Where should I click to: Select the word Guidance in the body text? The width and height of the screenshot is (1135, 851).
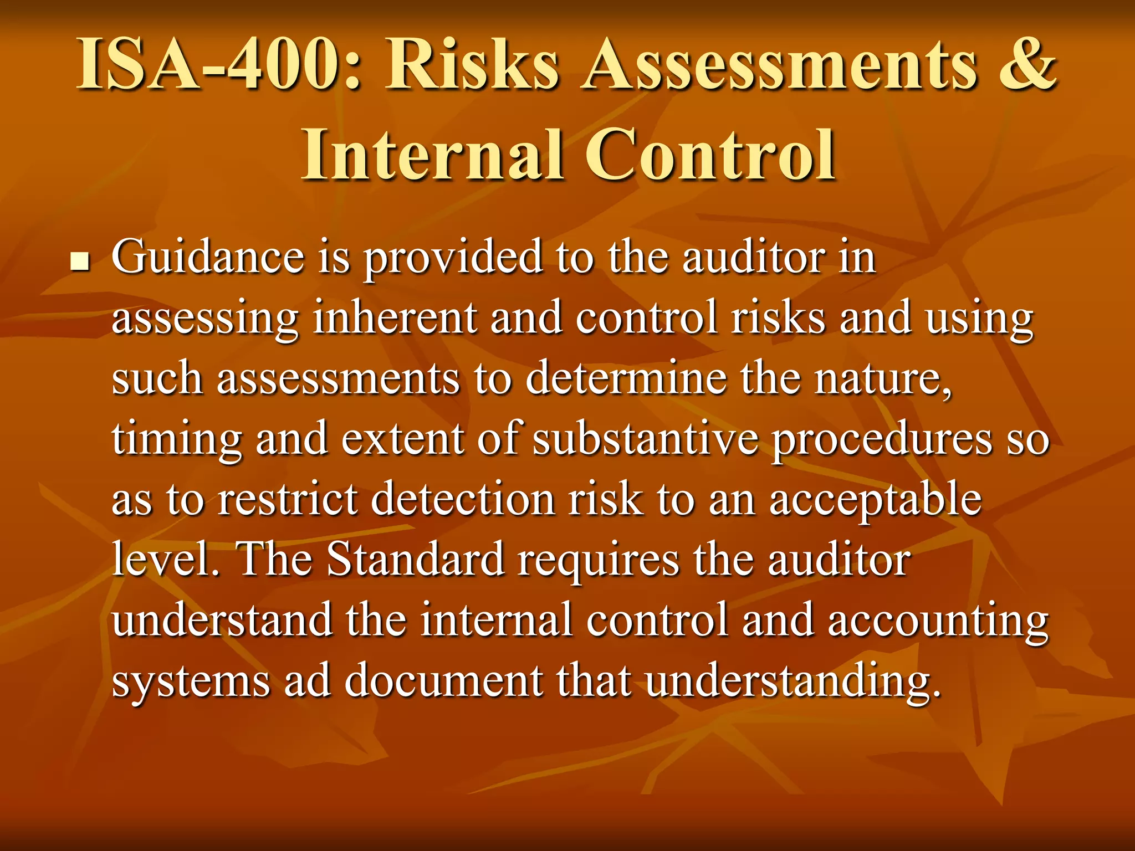[208, 257]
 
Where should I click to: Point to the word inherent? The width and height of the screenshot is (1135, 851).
[395, 318]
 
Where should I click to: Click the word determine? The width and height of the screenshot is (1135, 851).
[626, 378]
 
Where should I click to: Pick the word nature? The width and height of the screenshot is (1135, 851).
[883, 378]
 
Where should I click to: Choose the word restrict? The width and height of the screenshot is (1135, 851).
[287, 499]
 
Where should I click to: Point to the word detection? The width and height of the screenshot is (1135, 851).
[463, 499]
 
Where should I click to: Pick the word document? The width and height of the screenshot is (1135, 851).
[443, 681]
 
